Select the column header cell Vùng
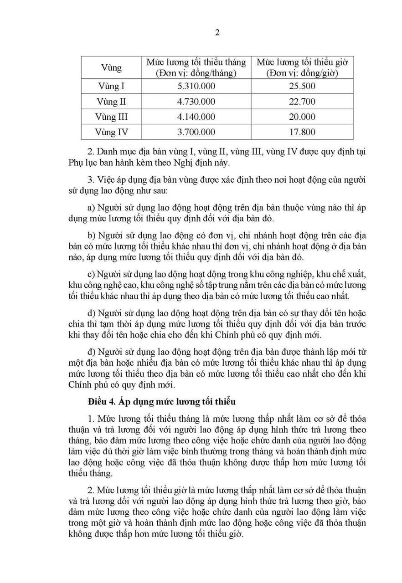(x=111, y=67)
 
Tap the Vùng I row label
(x=111, y=86)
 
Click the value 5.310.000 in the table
(x=196, y=86)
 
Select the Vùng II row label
(x=111, y=102)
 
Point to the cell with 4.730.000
(x=196, y=102)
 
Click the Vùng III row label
(x=111, y=117)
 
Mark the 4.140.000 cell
(x=196, y=117)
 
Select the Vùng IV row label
(x=111, y=133)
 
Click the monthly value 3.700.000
(x=196, y=133)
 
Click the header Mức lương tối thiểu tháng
(x=196, y=67)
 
